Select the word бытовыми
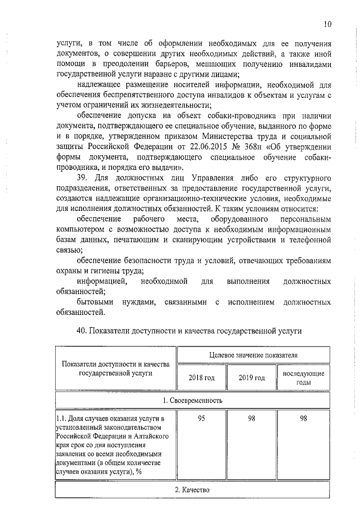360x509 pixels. click(95, 302)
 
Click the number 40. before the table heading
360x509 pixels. click(83, 332)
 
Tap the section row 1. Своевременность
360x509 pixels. click(192, 400)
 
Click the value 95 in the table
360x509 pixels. click(201, 419)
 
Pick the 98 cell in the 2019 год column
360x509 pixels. click(252, 419)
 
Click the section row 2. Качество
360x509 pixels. click(192, 490)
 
